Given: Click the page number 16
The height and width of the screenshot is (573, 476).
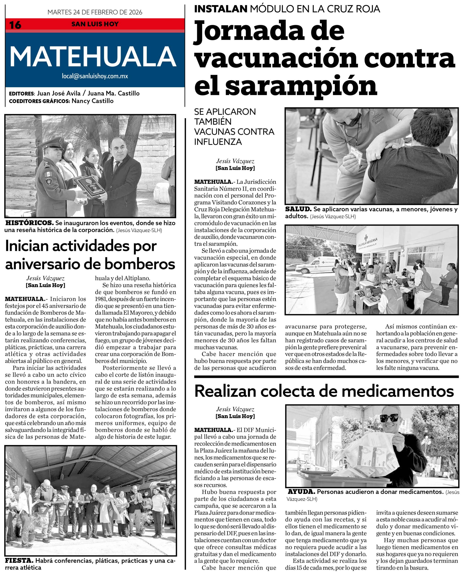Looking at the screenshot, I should pos(15,25).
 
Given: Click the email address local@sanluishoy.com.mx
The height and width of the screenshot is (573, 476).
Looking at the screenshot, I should pos(95,76).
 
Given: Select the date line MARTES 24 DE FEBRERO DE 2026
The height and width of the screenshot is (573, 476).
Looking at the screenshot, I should pos(95,12).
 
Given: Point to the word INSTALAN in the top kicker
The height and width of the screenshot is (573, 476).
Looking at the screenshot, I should pos(221,9).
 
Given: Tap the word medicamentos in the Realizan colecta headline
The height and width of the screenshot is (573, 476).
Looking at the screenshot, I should pos(398,391).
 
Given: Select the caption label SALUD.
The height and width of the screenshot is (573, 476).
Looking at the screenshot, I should pos(298,209).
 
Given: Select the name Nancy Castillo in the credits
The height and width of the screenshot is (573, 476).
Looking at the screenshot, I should pos(92,101).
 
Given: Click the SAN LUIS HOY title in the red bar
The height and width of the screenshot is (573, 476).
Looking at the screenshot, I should pos(95,24).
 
